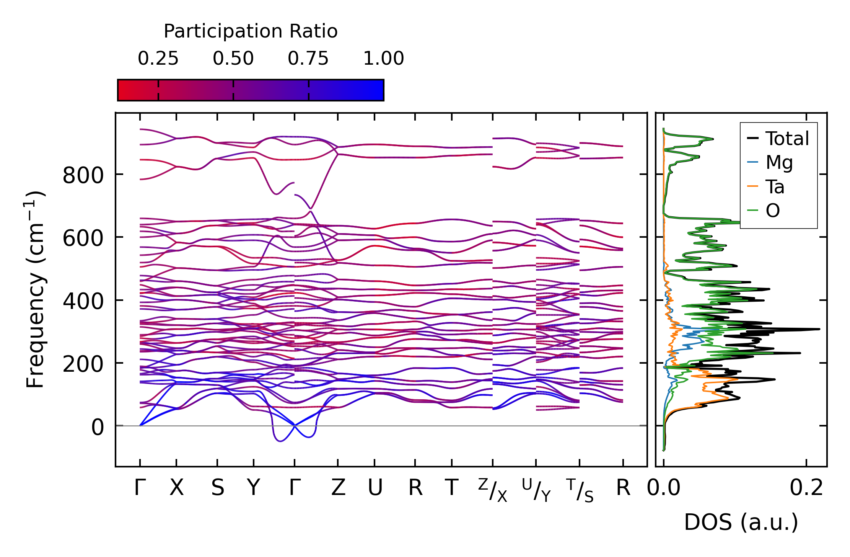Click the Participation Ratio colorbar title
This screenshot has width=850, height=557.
pyautogui.click(x=251, y=31)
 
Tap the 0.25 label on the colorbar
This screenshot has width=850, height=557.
pyautogui.click(x=158, y=59)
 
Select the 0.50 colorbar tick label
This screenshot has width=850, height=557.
pyautogui.click(x=233, y=59)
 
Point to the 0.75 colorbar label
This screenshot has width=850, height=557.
pyautogui.click(x=308, y=59)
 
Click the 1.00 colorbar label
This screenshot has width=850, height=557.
pyautogui.click(x=383, y=59)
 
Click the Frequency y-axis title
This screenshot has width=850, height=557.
pyautogui.click(x=36, y=289)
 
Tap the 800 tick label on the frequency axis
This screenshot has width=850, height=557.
pyautogui.click(x=83, y=176)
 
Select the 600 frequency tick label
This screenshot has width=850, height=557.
pyautogui.click(x=83, y=239)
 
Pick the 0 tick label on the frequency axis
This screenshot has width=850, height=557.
pyautogui.click(x=97, y=427)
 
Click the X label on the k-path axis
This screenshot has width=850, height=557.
pyautogui.click(x=176, y=488)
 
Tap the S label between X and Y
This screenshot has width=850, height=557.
pyautogui.click(x=217, y=488)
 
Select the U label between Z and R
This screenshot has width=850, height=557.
pyautogui.click(x=375, y=488)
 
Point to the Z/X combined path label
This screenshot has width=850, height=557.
pyautogui.click(x=492, y=490)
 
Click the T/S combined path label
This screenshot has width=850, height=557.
pyautogui.click(x=580, y=490)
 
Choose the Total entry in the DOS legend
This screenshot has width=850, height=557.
pyautogui.click(x=787, y=139)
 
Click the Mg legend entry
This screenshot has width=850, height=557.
pyautogui.click(x=779, y=162)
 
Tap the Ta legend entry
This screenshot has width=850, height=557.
pyautogui.click(x=775, y=187)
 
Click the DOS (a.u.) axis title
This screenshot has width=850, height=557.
pyautogui.click(x=741, y=522)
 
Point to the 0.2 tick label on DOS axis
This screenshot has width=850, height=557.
pyautogui.click(x=806, y=488)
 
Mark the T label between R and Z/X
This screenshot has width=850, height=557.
pyautogui.click(x=452, y=488)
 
